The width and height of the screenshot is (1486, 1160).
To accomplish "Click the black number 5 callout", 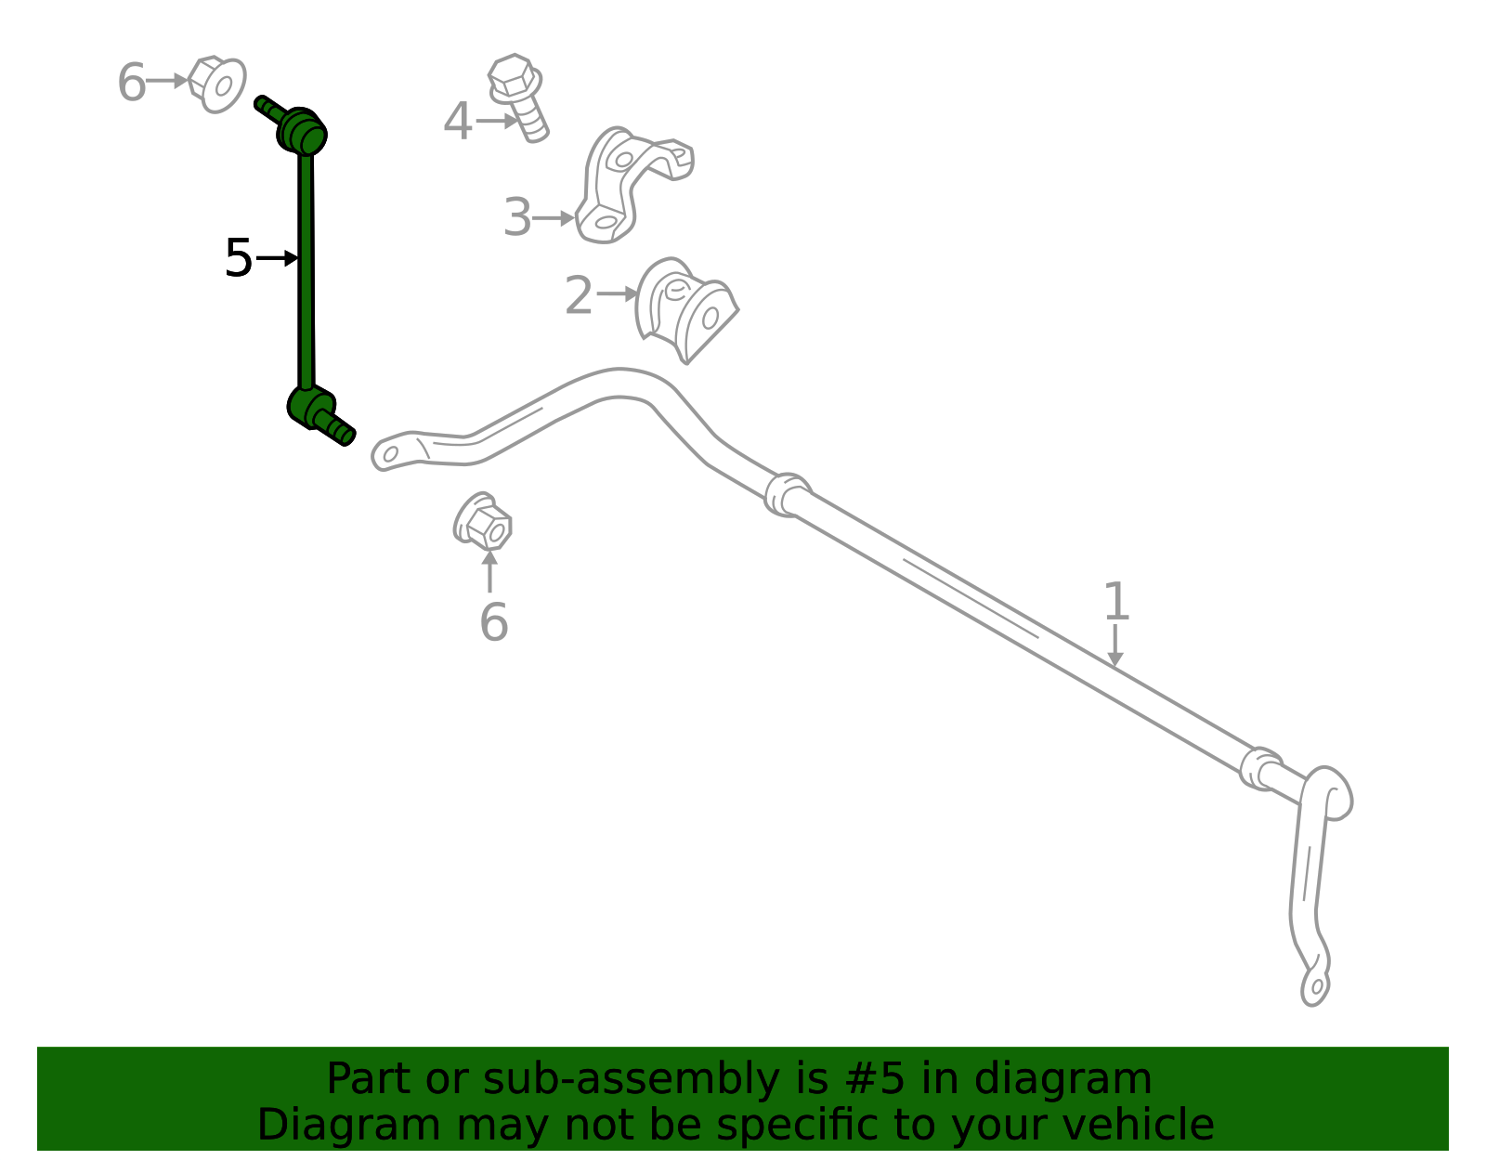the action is click(x=239, y=258).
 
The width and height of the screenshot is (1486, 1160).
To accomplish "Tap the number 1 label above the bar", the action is click(x=1116, y=602).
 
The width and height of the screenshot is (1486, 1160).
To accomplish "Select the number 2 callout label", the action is click(x=579, y=295).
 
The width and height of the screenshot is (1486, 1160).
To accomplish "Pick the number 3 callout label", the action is click(x=517, y=217).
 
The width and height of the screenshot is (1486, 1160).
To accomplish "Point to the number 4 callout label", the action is click(x=458, y=122).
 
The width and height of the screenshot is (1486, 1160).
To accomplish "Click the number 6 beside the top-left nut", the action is click(x=131, y=82).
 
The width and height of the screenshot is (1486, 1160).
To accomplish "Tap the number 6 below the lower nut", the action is click(x=494, y=622).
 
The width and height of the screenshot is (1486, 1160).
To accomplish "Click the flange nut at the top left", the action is click(x=216, y=85).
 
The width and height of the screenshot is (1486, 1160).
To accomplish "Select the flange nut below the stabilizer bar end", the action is click(x=482, y=521).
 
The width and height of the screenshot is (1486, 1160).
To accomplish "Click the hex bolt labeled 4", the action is click(x=517, y=98).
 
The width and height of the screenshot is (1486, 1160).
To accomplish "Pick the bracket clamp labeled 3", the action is click(x=633, y=185).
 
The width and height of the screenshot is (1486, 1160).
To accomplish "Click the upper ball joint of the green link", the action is click(x=302, y=131).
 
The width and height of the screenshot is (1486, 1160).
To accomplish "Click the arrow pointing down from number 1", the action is click(x=1115, y=645).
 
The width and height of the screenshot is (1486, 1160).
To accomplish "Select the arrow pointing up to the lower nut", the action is click(x=489, y=571).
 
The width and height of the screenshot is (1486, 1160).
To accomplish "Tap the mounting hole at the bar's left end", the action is click(x=390, y=454).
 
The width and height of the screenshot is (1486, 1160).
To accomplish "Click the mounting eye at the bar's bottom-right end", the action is click(x=1315, y=988).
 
